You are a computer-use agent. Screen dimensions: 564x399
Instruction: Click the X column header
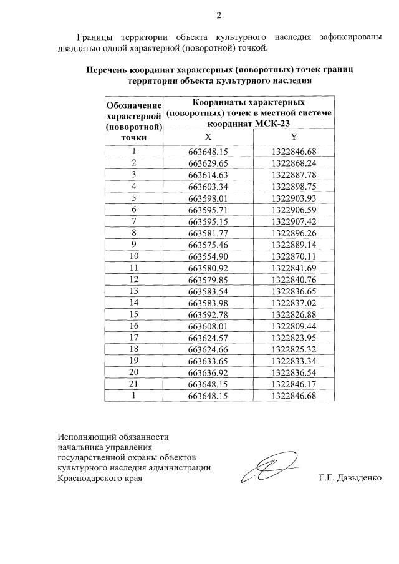click(208, 138)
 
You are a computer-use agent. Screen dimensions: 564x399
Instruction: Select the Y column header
click(294, 138)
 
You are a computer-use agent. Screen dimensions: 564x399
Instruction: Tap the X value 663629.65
click(209, 163)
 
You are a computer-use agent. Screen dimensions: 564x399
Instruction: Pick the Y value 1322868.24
click(294, 163)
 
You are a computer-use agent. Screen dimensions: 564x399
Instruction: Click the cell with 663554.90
click(209, 256)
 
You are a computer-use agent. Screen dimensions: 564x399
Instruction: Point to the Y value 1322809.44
click(294, 326)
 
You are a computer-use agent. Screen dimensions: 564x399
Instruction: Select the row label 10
click(133, 256)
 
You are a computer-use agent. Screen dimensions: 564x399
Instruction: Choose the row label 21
click(133, 384)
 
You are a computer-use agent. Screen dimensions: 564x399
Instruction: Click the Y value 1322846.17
click(294, 384)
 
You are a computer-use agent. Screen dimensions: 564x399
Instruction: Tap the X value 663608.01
click(209, 326)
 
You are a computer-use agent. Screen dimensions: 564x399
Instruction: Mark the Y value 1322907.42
click(294, 221)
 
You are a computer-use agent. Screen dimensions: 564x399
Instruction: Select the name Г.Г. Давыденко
click(349, 479)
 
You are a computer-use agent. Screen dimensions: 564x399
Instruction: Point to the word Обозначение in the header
click(134, 105)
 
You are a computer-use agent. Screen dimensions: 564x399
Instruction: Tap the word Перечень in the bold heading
click(109, 70)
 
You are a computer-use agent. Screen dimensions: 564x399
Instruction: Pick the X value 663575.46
click(209, 244)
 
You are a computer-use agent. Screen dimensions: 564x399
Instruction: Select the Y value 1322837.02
click(294, 303)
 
